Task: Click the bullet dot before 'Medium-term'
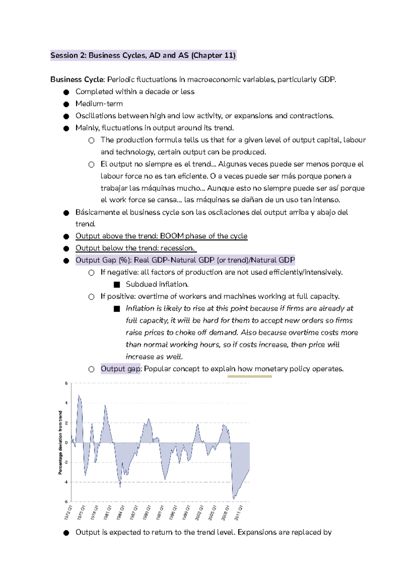[x=66, y=104]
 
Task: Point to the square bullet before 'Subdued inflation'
[x=117, y=285]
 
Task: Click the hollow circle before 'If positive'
[x=91, y=297]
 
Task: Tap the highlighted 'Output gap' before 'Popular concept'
[x=120, y=369]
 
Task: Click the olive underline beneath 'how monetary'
[x=250, y=376]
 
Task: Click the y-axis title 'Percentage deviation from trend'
[x=60, y=442]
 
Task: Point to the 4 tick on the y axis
[x=67, y=403]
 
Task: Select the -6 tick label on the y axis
[x=66, y=501]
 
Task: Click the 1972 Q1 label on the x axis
[x=68, y=512]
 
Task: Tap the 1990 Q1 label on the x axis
[x=146, y=512]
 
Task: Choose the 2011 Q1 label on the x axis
[x=238, y=512]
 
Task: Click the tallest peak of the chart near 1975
[x=79, y=395]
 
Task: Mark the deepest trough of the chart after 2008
[x=234, y=499]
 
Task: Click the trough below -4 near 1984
[x=120, y=487]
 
